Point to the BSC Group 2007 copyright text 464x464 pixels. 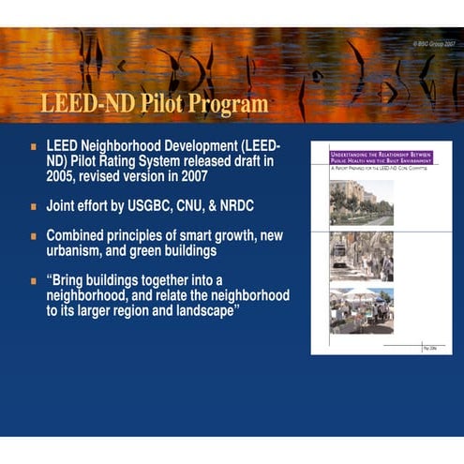435,44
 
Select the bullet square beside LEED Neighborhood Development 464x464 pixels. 34,147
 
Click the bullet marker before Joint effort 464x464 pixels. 34,204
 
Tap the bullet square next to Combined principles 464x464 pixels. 34,235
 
